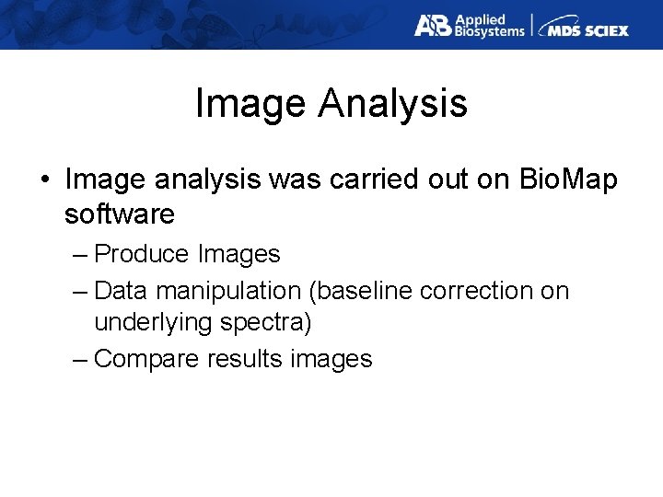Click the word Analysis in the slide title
point(393,104)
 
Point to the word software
point(120,214)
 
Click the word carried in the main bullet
point(363,179)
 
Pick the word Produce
point(143,253)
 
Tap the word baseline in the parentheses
point(362,291)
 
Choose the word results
point(244,359)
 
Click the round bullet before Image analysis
point(45,180)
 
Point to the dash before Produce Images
point(79,254)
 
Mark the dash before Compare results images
point(79,359)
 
